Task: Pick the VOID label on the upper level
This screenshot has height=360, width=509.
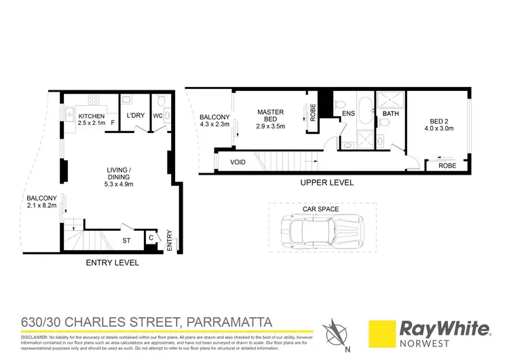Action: click(238, 162)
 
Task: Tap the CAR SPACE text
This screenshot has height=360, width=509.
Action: click(320, 209)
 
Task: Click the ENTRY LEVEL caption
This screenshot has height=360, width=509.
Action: click(113, 262)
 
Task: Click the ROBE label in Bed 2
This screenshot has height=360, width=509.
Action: click(447, 166)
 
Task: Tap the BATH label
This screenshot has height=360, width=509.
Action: click(391, 113)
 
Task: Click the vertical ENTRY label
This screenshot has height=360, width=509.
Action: click(169, 242)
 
